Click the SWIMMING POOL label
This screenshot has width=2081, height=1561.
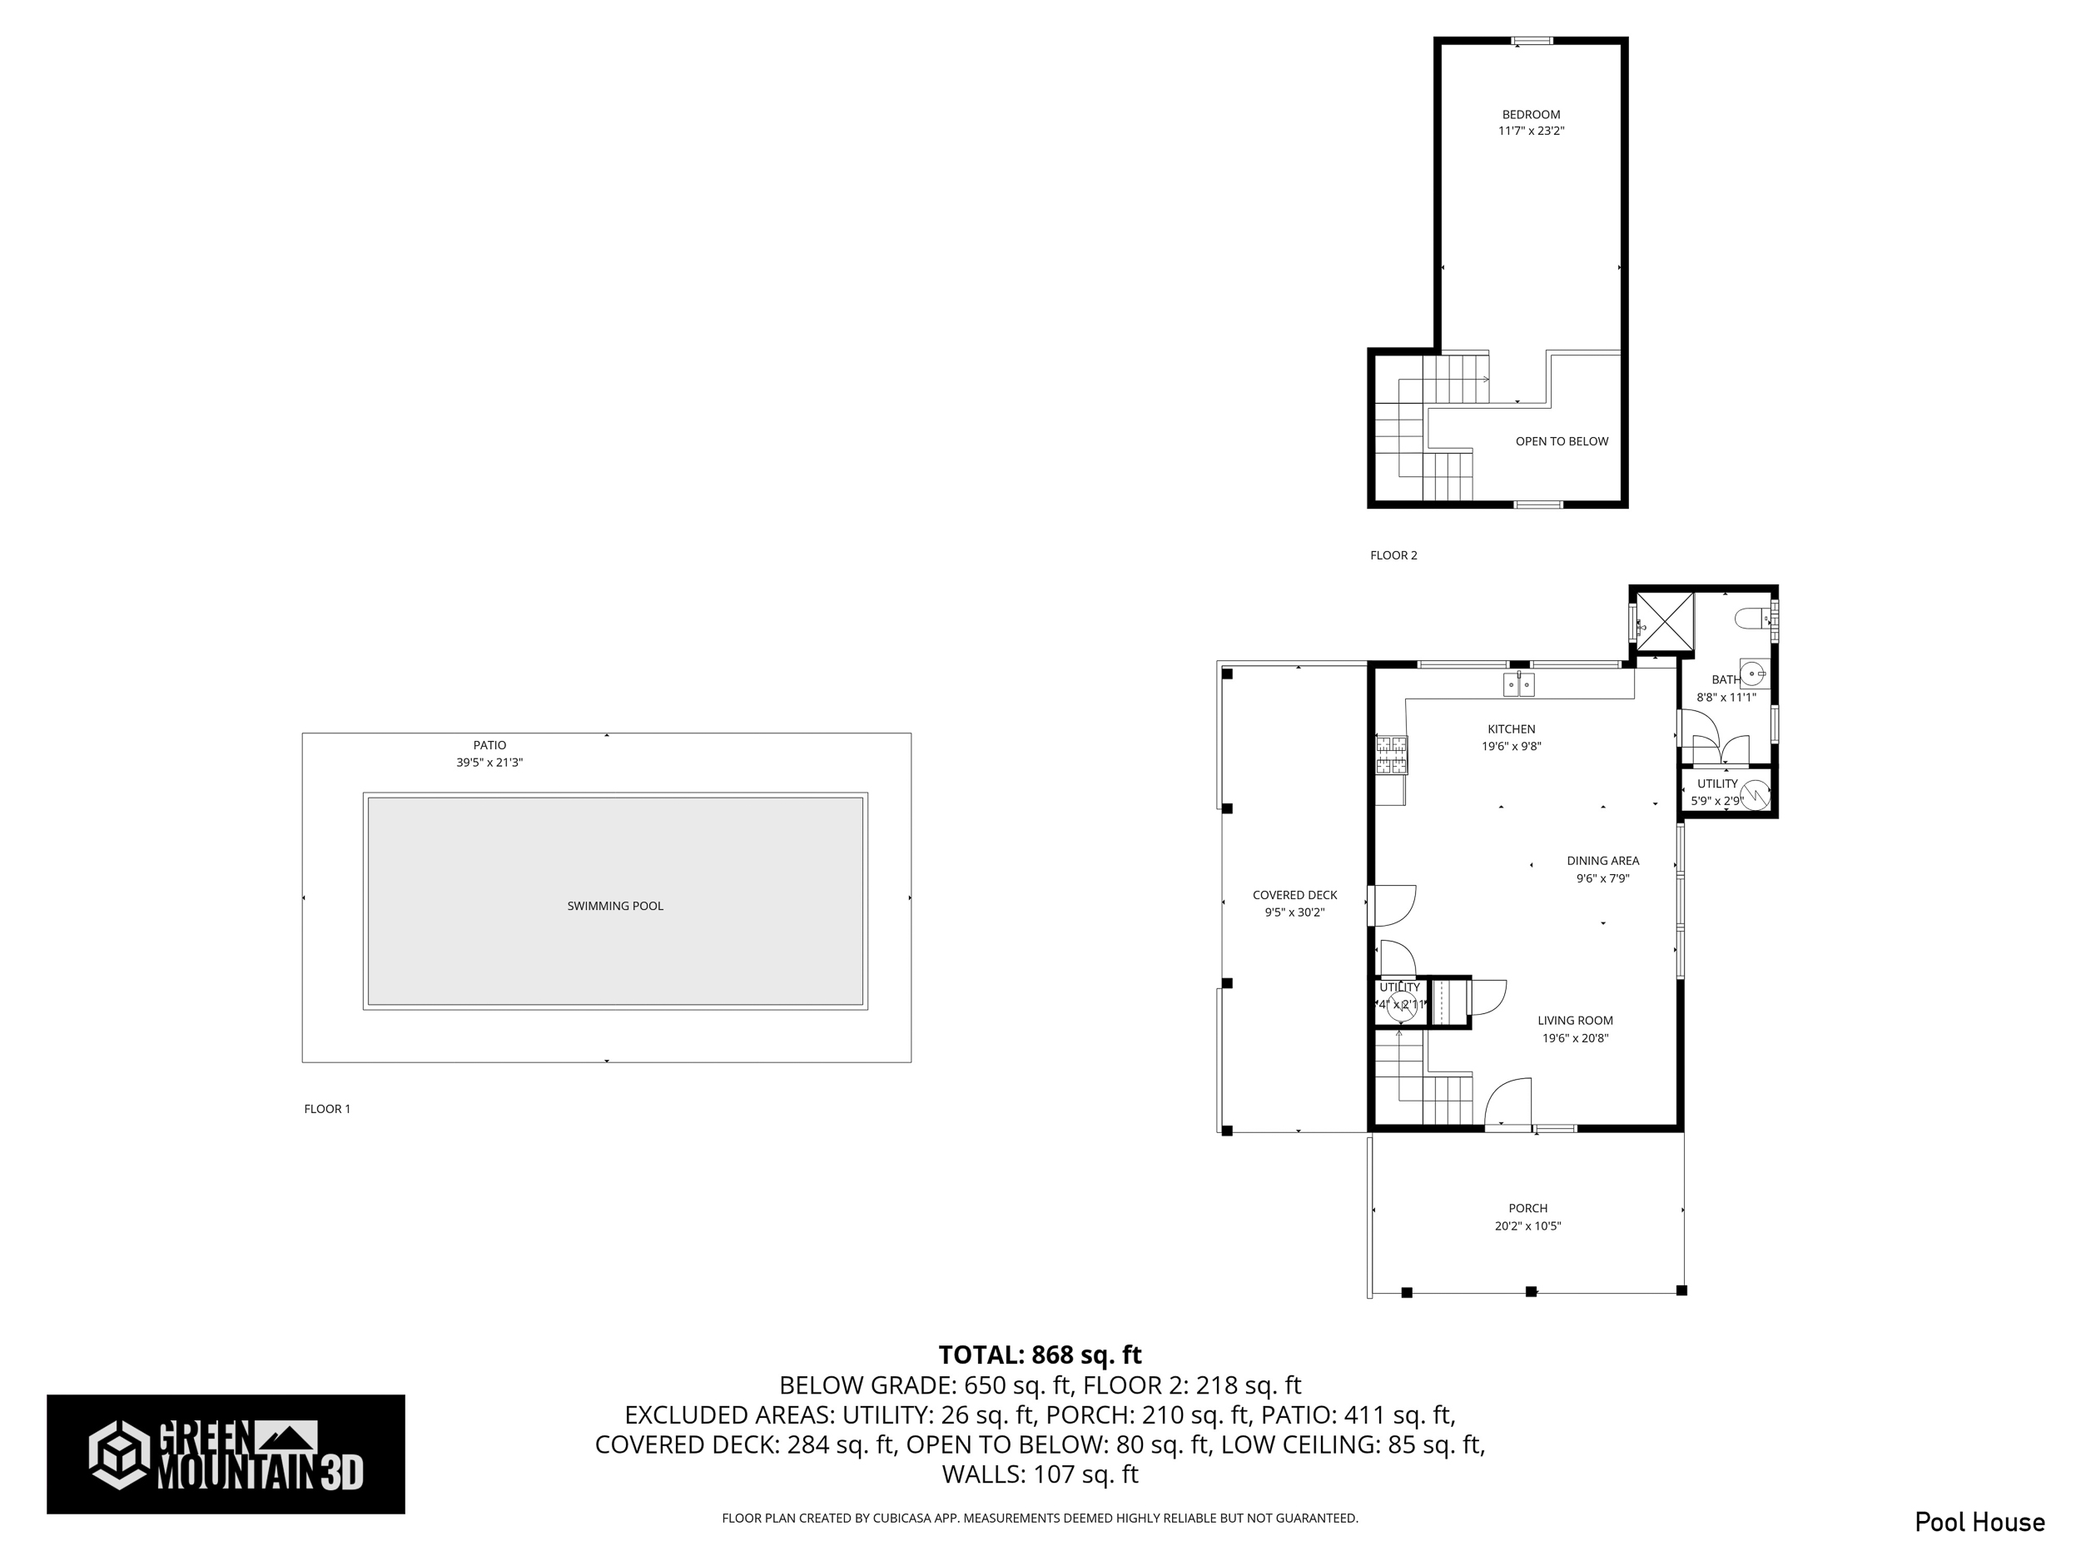coord(615,906)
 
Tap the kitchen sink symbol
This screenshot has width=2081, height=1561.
coord(1518,684)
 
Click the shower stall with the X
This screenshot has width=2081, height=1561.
coord(1665,622)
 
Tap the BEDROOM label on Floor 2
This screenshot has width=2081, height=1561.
coord(1531,115)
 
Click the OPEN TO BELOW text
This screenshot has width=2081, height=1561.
coord(1562,441)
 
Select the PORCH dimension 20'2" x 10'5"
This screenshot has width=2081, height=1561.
coord(1527,1226)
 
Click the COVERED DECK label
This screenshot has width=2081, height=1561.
coord(1294,895)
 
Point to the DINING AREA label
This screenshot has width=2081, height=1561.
coord(1603,861)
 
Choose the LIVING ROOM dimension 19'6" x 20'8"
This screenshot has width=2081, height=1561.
coord(1575,1039)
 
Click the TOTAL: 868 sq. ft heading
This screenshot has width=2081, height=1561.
coord(1040,1355)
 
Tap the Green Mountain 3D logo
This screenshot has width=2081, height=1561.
coord(226,1454)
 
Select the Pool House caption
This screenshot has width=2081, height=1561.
coord(1979,1522)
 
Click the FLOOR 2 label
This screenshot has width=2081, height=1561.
coord(1393,555)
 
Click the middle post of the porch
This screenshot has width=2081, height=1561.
coord(1531,1292)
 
